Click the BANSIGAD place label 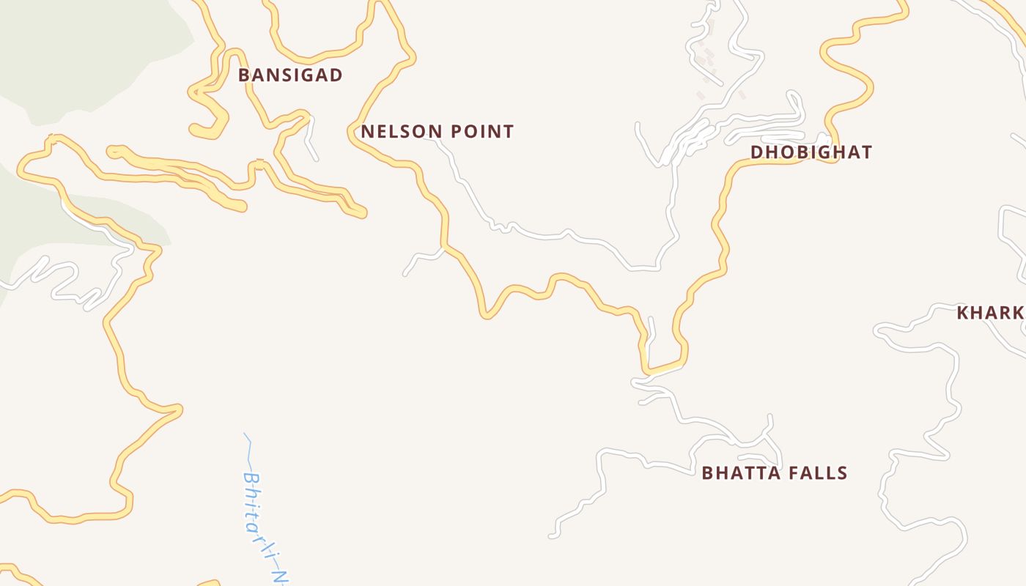[290, 75]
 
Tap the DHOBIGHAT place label [811, 152]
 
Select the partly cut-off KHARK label [989, 313]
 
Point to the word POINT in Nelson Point [481, 132]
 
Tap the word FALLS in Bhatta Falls [819, 473]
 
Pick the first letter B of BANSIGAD [244, 75]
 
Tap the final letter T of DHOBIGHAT [867, 152]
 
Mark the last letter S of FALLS [843, 473]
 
